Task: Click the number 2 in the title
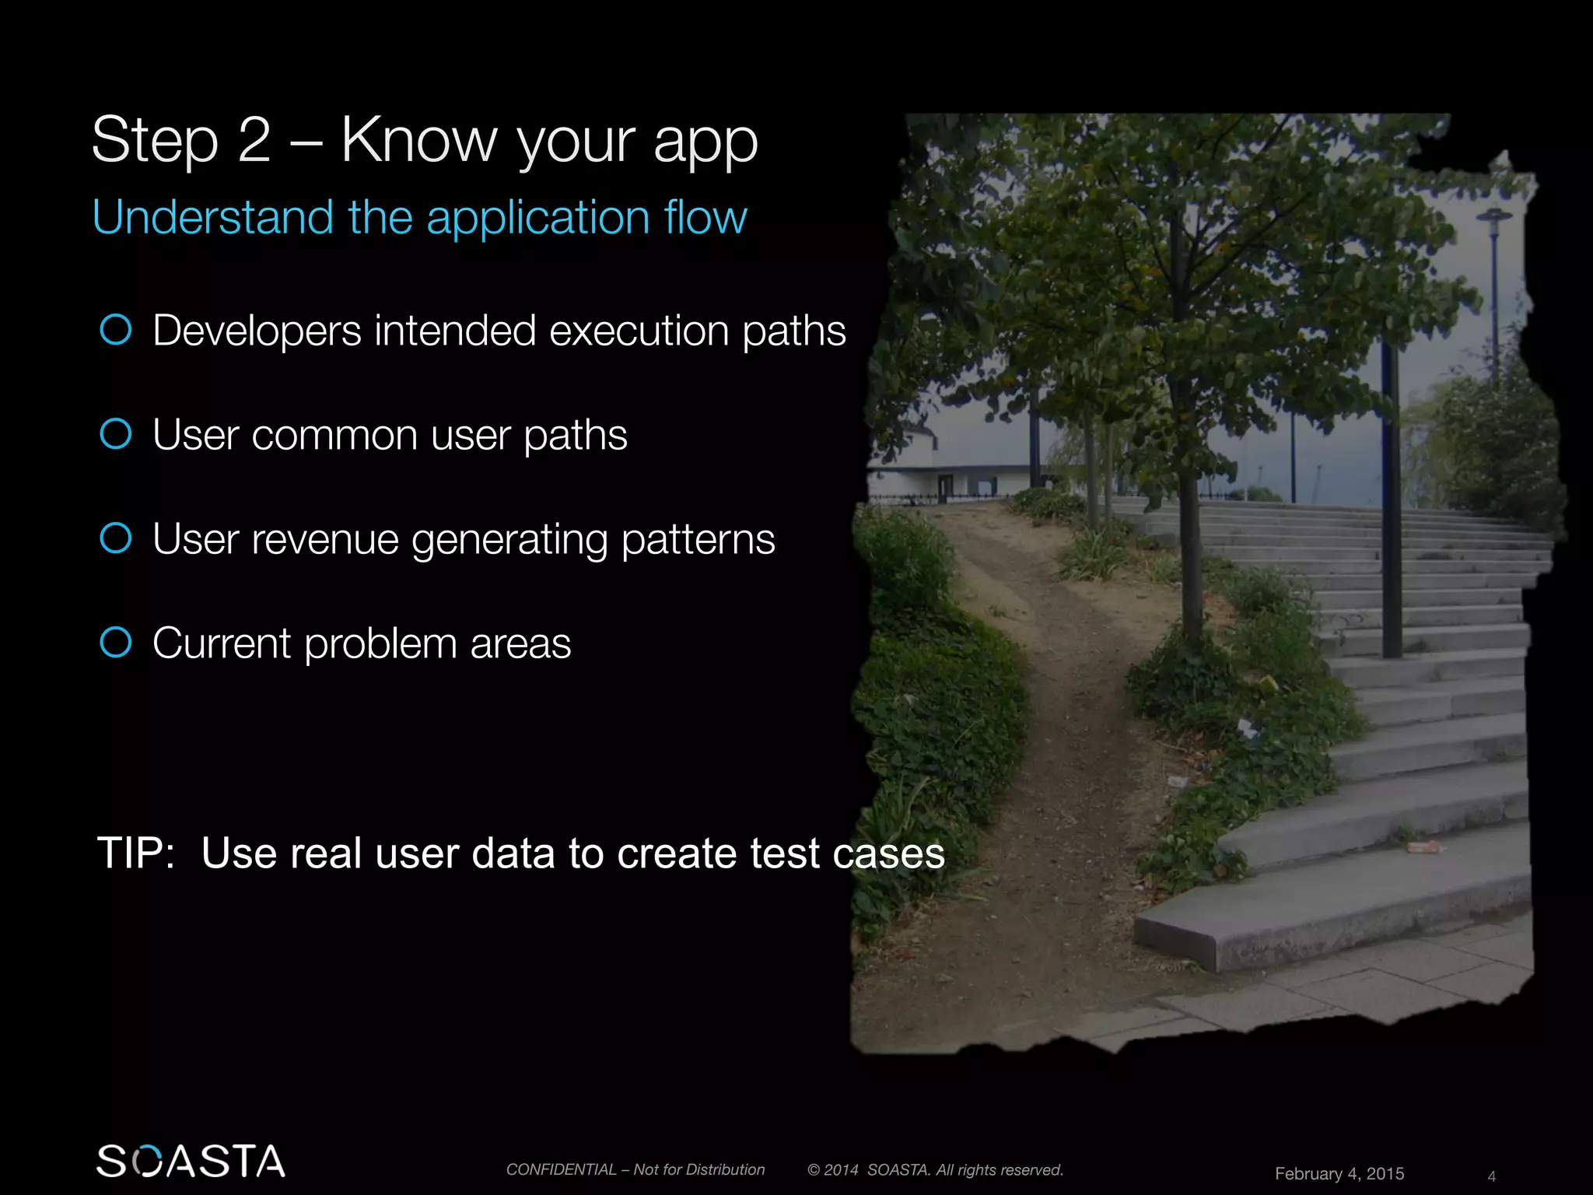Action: click(x=254, y=140)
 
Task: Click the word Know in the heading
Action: click(x=418, y=140)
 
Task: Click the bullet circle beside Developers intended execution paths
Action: click(x=116, y=330)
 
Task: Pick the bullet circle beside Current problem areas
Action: click(x=116, y=643)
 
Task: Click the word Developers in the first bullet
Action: click(x=257, y=331)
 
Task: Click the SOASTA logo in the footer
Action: click(x=191, y=1161)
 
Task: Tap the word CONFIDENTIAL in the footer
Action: click(x=561, y=1169)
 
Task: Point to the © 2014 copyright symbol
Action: click(x=814, y=1170)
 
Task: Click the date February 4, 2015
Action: click(x=1339, y=1173)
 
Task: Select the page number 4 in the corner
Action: click(x=1491, y=1176)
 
